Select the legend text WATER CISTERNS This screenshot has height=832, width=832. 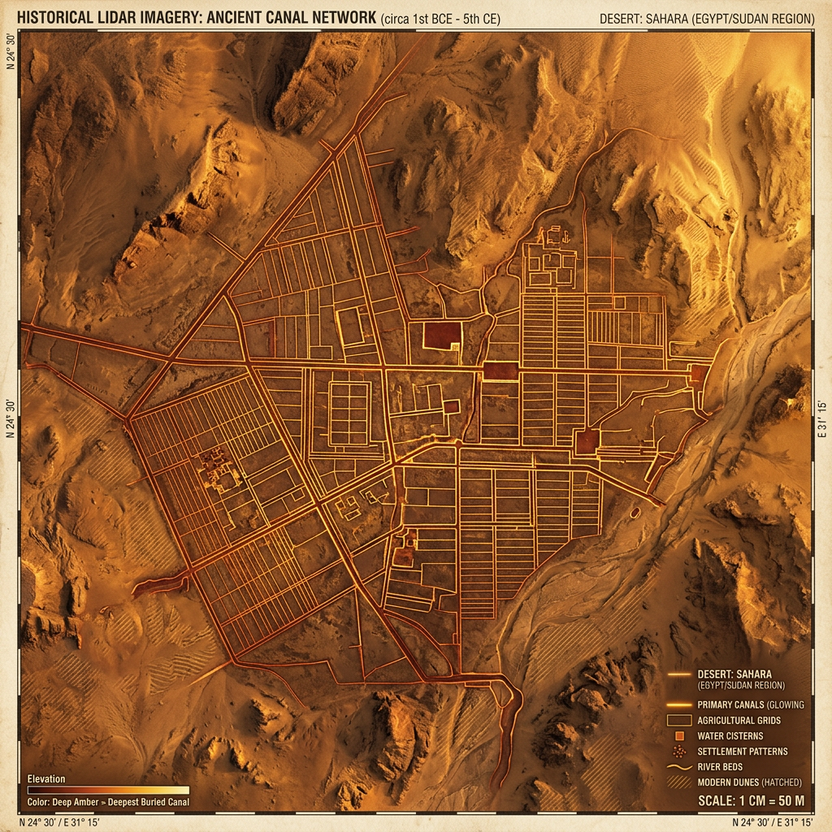[730, 735]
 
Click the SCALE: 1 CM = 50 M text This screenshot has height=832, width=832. [752, 801]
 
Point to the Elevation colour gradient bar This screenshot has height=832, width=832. [108, 789]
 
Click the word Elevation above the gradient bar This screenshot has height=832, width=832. [46, 778]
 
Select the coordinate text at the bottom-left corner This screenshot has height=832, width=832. [63, 821]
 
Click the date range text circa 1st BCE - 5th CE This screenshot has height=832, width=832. [441, 18]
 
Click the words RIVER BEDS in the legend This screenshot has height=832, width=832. [720, 766]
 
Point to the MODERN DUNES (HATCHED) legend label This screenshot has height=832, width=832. [749, 782]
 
